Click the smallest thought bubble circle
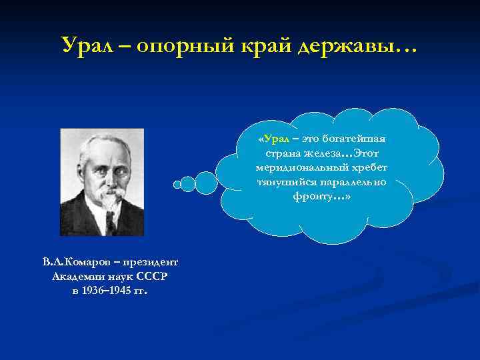point(176,184)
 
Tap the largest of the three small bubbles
point(206,183)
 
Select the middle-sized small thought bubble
point(188,183)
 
